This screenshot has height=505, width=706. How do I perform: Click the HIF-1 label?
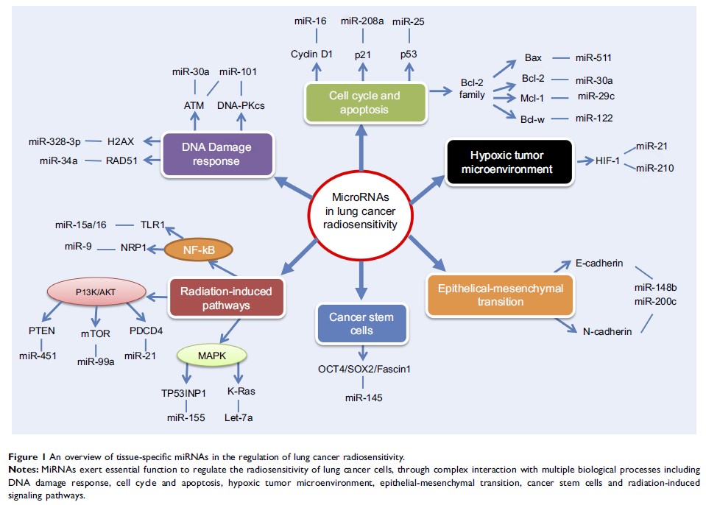[596, 160]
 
